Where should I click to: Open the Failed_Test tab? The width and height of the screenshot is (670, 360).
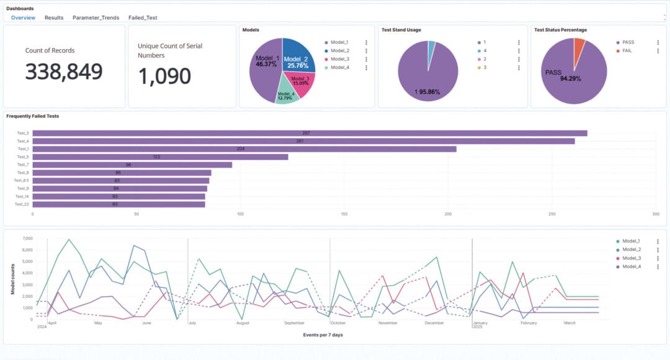point(143,18)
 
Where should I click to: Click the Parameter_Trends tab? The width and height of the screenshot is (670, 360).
point(96,18)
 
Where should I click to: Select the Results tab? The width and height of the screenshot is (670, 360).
point(54,18)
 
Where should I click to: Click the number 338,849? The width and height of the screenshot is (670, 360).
point(64,72)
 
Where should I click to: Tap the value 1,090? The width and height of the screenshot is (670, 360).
point(164,76)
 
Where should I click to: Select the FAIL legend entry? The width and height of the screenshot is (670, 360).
point(627,51)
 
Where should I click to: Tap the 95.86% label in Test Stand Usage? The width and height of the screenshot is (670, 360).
point(427,92)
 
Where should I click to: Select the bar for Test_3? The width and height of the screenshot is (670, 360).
point(310,133)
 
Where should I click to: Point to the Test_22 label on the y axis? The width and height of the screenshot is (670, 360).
point(22,204)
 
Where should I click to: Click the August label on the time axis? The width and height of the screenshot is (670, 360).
point(243,323)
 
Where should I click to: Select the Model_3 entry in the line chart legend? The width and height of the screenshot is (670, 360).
point(631,258)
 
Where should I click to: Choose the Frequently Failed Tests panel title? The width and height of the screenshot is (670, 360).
point(32,116)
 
